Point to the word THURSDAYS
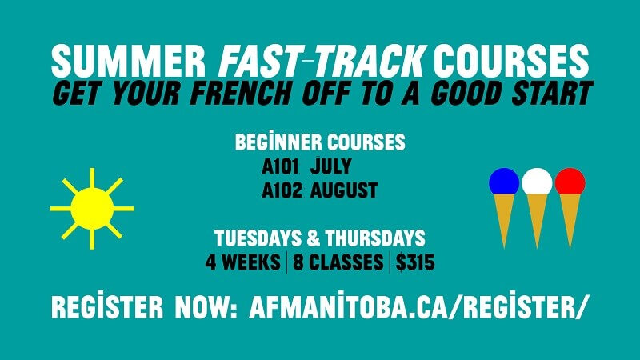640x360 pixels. (377, 238)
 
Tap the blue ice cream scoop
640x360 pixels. (504, 182)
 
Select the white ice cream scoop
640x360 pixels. (537, 182)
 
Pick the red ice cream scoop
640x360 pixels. (570, 182)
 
